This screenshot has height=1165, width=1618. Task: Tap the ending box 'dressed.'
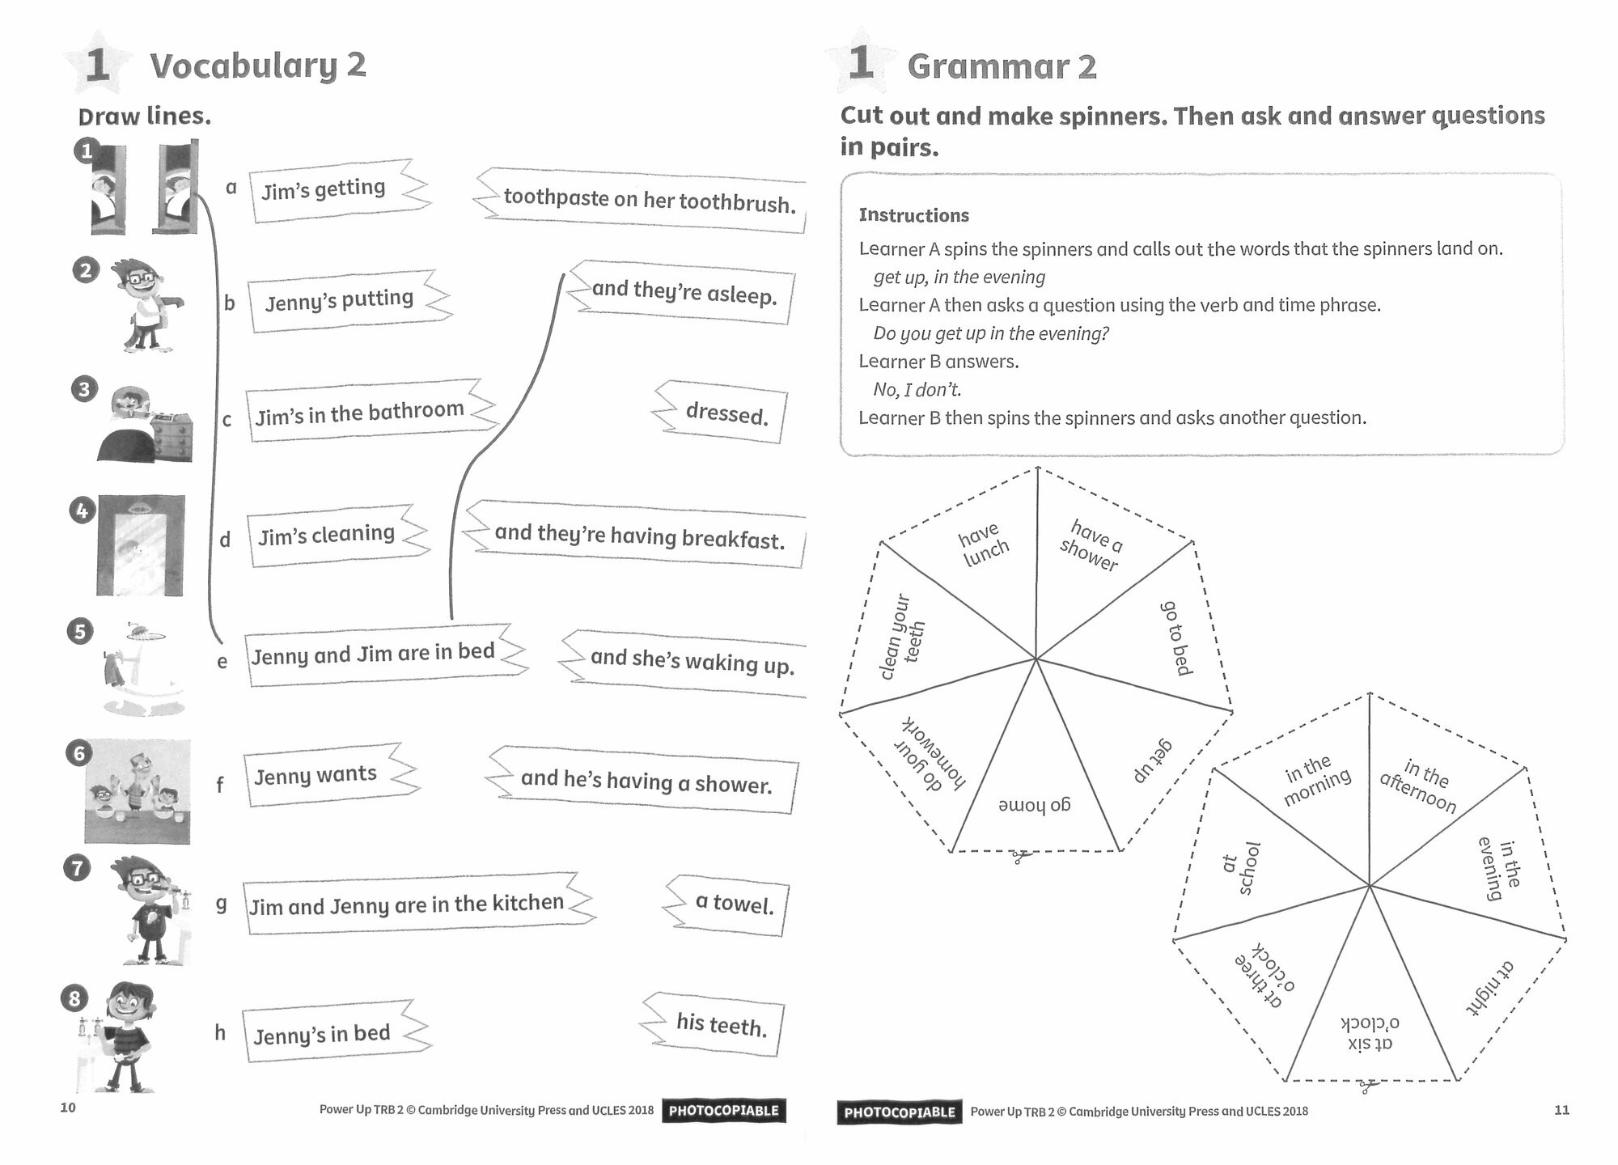tap(724, 413)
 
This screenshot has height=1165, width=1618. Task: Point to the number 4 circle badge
tap(82, 510)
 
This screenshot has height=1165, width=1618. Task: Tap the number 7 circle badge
tap(77, 869)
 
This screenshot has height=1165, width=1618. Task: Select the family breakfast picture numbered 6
tap(138, 791)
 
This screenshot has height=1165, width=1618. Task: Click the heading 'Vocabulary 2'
tap(257, 66)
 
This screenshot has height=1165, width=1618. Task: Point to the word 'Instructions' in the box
tap(913, 215)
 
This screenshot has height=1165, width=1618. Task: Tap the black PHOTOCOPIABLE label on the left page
tap(723, 1111)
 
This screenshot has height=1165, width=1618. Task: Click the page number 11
tap(1561, 1110)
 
